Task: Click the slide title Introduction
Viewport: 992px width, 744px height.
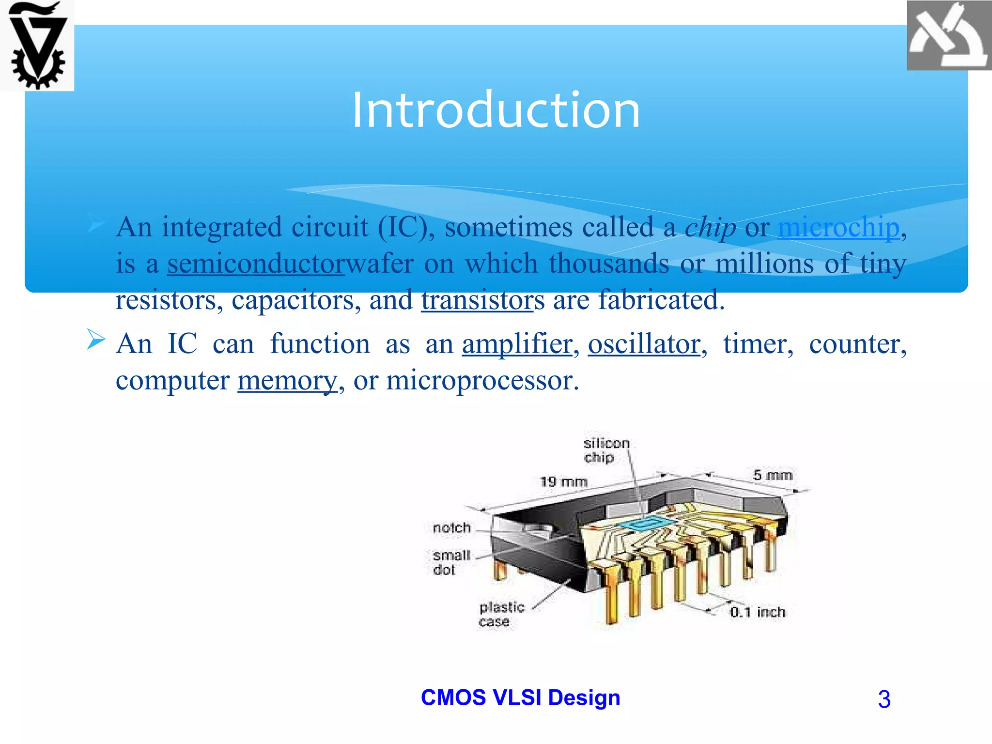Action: (x=496, y=110)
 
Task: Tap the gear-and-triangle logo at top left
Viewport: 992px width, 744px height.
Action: (x=37, y=46)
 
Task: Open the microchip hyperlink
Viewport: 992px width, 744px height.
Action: (x=838, y=227)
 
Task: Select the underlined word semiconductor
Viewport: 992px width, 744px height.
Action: (x=255, y=263)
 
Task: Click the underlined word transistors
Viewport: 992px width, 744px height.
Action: (x=477, y=300)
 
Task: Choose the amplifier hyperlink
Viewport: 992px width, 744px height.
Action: (x=517, y=344)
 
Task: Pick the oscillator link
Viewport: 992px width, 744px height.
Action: (x=644, y=344)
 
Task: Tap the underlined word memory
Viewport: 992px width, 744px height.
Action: (x=287, y=380)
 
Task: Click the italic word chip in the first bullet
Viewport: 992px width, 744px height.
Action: (x=710, y=227)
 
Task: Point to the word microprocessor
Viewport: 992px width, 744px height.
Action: (x=481, y=380)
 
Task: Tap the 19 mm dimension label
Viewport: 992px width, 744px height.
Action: (x=564, y=481)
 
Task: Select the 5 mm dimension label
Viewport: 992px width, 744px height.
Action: (x=773, y=475)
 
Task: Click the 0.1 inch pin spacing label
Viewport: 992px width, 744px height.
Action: (x=758, y=612)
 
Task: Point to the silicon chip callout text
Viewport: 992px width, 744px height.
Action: (x=605, y=450)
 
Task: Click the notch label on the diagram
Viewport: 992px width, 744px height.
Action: (x=451, y=527)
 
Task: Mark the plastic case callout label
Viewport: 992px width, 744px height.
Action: (x=501, y=614)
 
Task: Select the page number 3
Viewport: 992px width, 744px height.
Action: (x=884, y=699)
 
